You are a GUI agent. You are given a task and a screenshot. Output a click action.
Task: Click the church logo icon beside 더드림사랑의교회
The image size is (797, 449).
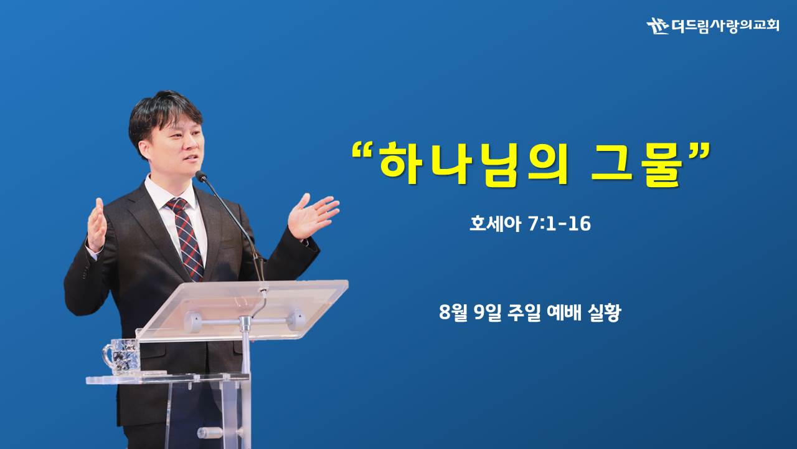[x=658, y=26]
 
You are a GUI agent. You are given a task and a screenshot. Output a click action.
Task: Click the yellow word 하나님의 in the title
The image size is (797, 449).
[x=473, y=164]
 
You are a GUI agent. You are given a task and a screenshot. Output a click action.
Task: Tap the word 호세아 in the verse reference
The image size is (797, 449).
[x=495, y=224]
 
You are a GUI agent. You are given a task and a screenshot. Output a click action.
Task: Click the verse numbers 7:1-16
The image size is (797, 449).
[x=560, y=224]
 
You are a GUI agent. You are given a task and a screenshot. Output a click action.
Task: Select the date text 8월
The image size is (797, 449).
[x=453, y=312]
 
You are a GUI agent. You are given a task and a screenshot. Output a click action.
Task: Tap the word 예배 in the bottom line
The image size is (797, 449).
[x=564, y=312]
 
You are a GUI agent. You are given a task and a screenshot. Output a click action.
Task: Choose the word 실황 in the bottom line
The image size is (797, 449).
[x=604, y=313]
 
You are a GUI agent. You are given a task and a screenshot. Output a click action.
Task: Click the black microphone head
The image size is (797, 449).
[x=200, y=176]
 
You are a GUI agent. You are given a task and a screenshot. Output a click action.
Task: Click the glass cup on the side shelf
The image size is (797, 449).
[x=121, y=356]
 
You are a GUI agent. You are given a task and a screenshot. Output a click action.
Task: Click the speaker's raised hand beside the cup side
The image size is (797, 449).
[x=97, y=225]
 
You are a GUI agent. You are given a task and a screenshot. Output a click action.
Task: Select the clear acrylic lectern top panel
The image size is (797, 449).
[x=242, y=310]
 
